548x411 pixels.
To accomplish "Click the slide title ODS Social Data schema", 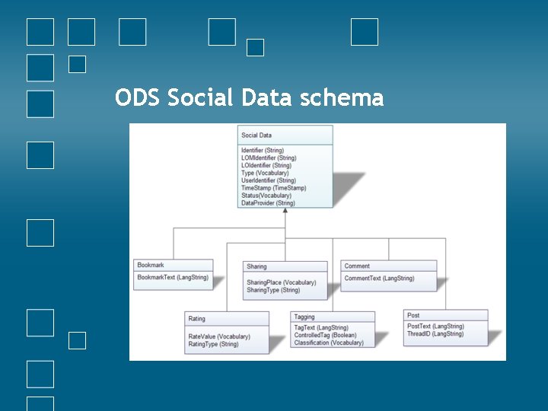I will click(x=249, y=98).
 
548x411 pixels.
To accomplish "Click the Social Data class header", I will click(x=256, y=135).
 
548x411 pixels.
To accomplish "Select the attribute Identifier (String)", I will click(x=263, y=151).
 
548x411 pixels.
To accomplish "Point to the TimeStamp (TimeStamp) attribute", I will click(x=273, y=188).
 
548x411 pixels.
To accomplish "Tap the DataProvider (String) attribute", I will click(x=268, y=203).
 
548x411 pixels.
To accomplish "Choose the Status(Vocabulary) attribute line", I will click(x=266, y=196).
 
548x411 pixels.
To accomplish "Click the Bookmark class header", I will click(x=151, y=265).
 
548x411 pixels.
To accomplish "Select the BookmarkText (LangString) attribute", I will click(x=173, y=278).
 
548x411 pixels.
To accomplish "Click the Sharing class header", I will click(x=257, y=266).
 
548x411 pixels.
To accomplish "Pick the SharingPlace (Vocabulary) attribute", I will click(x=281, y=282).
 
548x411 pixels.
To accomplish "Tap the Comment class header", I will click(x=357, y=266).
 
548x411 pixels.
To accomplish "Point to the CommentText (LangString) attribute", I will click(x=379, y=279).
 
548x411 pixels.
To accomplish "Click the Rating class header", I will click(x=197, y=318).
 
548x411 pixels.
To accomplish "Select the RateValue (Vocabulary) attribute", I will click(x=219, y=336).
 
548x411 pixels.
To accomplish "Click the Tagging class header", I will click(x=304, y=317).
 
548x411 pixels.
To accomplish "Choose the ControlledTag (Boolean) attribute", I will click(x=325, y=335).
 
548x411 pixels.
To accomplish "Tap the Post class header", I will click(x=413, y=315).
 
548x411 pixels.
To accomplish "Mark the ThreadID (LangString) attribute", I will click(x=435, y=334).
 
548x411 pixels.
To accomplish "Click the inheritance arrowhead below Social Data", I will click(x=285, y=212).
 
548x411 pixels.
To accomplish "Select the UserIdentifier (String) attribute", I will click(x=269, y=180).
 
